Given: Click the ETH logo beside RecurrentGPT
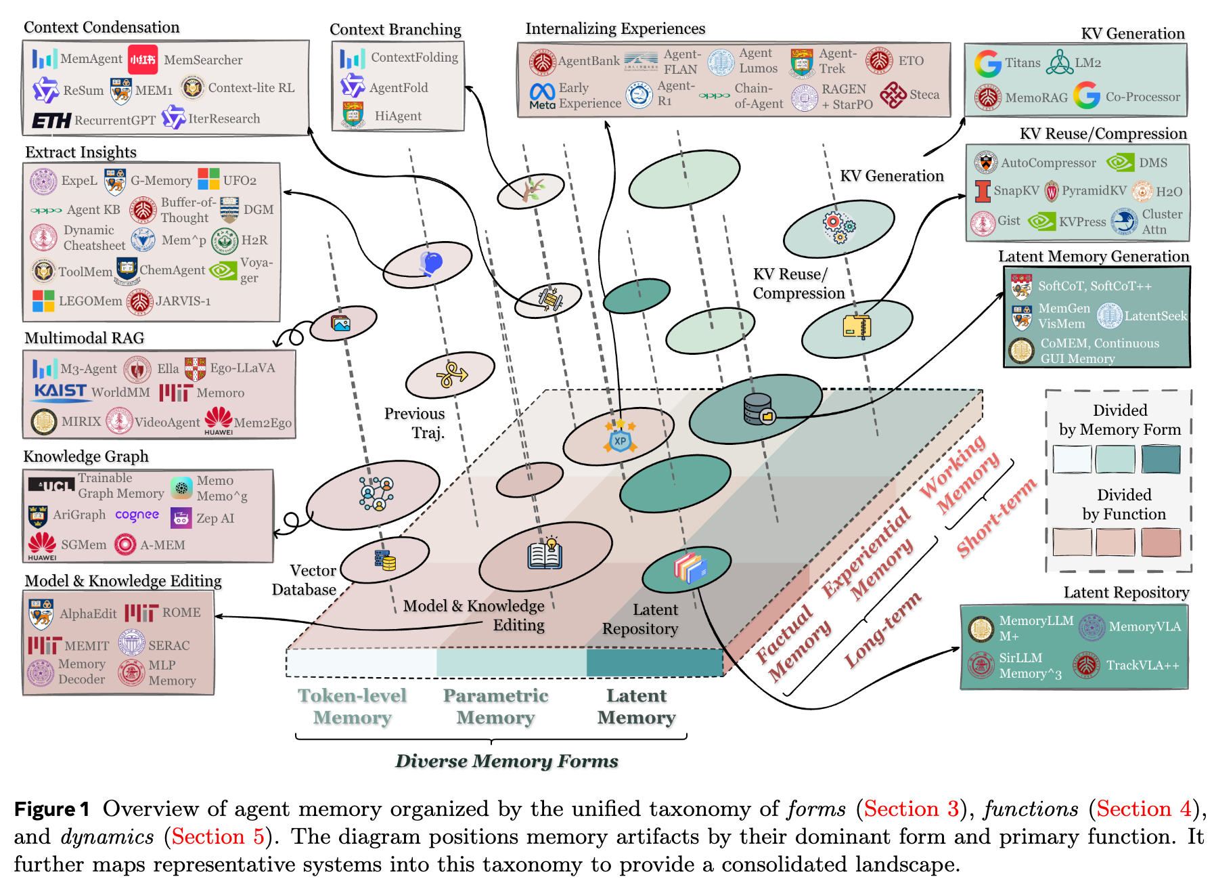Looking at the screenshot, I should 51,121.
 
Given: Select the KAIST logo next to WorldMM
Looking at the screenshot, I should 60,391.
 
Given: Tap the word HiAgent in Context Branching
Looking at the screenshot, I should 398,116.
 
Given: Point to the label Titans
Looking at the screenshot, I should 1022,63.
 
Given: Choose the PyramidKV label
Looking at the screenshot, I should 1094,191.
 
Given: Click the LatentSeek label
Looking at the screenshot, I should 1155,316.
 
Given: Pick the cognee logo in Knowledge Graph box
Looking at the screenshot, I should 137,515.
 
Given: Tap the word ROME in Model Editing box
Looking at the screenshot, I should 181,613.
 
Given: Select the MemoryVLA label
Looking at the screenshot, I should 1144,627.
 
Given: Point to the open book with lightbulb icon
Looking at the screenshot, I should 545,554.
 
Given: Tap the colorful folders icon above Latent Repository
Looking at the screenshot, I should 690,567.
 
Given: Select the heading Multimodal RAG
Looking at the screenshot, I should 85,338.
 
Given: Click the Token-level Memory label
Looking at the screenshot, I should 352,706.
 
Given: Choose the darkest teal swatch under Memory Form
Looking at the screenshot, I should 1161,459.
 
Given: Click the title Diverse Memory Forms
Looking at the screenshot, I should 506,761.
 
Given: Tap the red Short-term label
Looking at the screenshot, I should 996,517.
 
